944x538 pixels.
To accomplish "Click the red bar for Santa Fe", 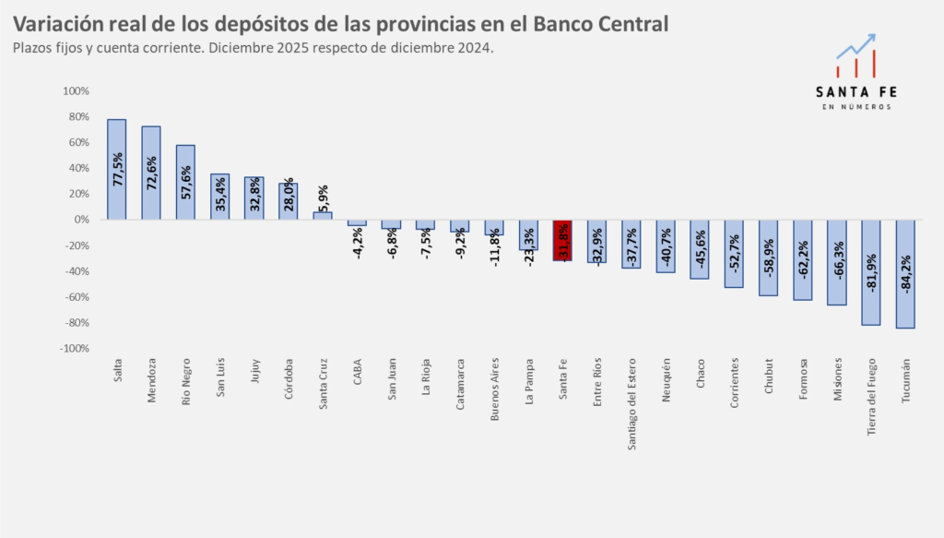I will (x=562, y=240).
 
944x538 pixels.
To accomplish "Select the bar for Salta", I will (x=116, y=169).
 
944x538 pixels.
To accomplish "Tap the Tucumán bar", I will (x=905, y=274).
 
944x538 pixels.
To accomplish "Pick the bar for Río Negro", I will (x=185, y=182).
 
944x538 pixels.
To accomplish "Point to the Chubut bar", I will (x=769, y=257).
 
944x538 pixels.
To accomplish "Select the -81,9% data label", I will (x=871, y=273).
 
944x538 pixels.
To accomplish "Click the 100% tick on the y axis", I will (x=76, y=91).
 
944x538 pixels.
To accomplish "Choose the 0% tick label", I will (x=81, y=220).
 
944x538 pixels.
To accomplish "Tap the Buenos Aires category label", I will (x=495, y=388).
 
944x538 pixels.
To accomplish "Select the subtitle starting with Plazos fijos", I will (x=254, y=47).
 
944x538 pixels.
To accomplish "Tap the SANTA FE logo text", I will (x=856, y=91).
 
